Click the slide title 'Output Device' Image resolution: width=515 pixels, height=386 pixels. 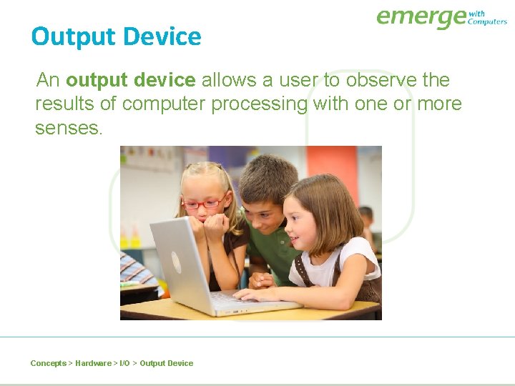point(116,36)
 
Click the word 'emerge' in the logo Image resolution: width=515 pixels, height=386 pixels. point(421,17)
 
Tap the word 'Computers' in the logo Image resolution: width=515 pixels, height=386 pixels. point(487,21)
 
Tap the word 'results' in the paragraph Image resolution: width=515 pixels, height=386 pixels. point(65,104)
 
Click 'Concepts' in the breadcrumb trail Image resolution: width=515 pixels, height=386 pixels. point(48,363)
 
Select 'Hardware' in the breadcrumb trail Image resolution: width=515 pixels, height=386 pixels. point(93,363)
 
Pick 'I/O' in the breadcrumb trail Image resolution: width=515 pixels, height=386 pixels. point(124,363)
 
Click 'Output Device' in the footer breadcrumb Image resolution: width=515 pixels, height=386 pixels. point(166,363)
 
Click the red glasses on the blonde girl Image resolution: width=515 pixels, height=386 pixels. point(204,204)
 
